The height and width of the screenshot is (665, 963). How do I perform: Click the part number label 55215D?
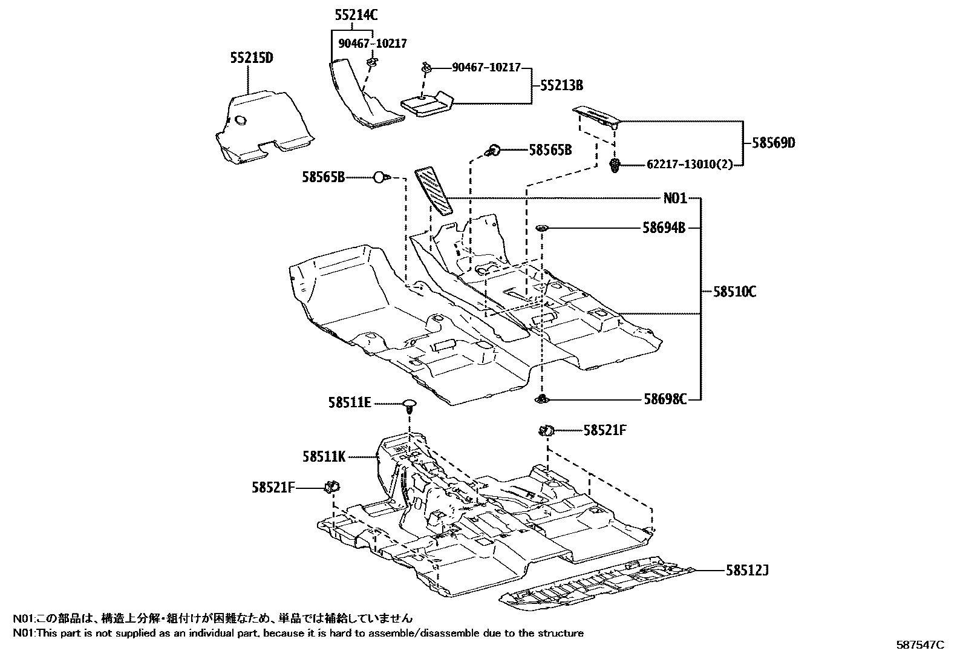click(x=251, y=58)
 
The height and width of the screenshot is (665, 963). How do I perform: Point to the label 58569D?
click(x=773, y=143)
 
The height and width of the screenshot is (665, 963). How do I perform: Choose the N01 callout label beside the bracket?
click(x=675, y=198)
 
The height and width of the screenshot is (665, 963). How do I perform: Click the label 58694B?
click(x=664, y=228)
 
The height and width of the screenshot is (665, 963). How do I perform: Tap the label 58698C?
click(x=664, y=399)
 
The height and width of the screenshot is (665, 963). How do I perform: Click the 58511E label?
click(x=350, y=402)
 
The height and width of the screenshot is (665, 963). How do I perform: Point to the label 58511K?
click(x=324, y=456)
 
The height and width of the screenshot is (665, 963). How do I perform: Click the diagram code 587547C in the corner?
click(x=919, y=645)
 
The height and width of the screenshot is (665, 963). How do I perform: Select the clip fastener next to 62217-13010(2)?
click(x=616, y=165)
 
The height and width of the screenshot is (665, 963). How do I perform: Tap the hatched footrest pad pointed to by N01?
click(x=433, y=190)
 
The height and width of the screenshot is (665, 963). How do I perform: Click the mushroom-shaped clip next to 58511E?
click(x=410, y=404)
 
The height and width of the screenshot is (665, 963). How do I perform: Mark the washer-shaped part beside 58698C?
click(x=542, y=399)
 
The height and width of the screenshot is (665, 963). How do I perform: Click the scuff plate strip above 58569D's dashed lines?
click(x=595, y=117)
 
